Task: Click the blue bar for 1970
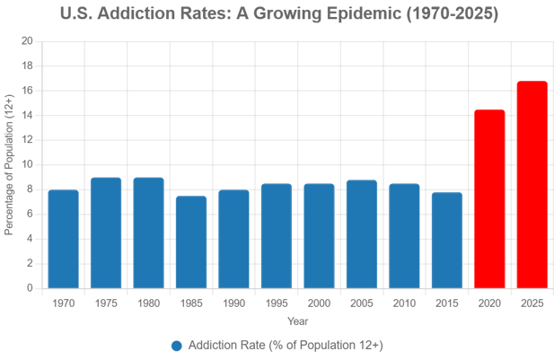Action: (x=63, y=239)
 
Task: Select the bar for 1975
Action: (x=106, y=233)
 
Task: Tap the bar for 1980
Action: (x=148, y=233)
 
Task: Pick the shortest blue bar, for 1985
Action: (x=191, y=241)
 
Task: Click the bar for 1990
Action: (x=233, y=239)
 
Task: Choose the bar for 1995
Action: (x=277, y=235)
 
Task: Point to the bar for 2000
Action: (x=319, y=235)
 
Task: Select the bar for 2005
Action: (x=362, y=233)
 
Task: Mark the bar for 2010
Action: (x=404, y=235)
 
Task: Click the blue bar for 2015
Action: (x=447, y=239)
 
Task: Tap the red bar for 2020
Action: (x=489, y=198)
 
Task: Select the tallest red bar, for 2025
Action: (x=532, y=184)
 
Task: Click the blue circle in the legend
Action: (x=177, y=346)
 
